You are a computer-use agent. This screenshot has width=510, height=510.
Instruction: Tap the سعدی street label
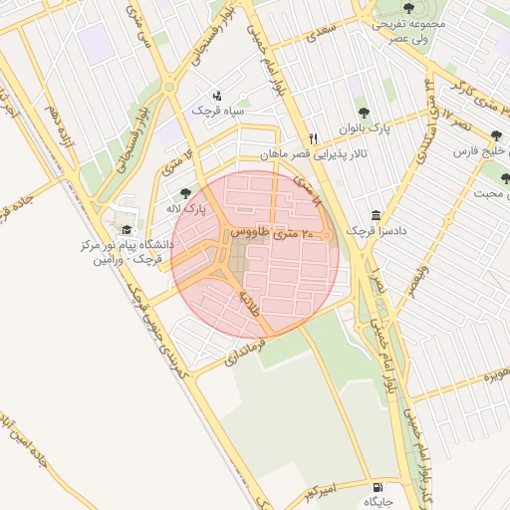[x=323, y=35]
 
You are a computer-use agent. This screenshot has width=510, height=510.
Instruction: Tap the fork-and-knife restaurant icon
[x=313, y=138]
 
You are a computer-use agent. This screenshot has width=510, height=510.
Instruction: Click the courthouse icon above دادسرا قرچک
[x=376, y=216]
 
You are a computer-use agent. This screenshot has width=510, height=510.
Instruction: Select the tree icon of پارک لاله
[x=185, y=194]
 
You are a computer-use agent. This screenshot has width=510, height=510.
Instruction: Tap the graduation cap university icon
[x=127, y=230]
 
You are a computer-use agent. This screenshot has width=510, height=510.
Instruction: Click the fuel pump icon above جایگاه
[x=376, y=487]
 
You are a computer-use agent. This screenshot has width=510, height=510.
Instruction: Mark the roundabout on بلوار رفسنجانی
[x=170, y=87]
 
